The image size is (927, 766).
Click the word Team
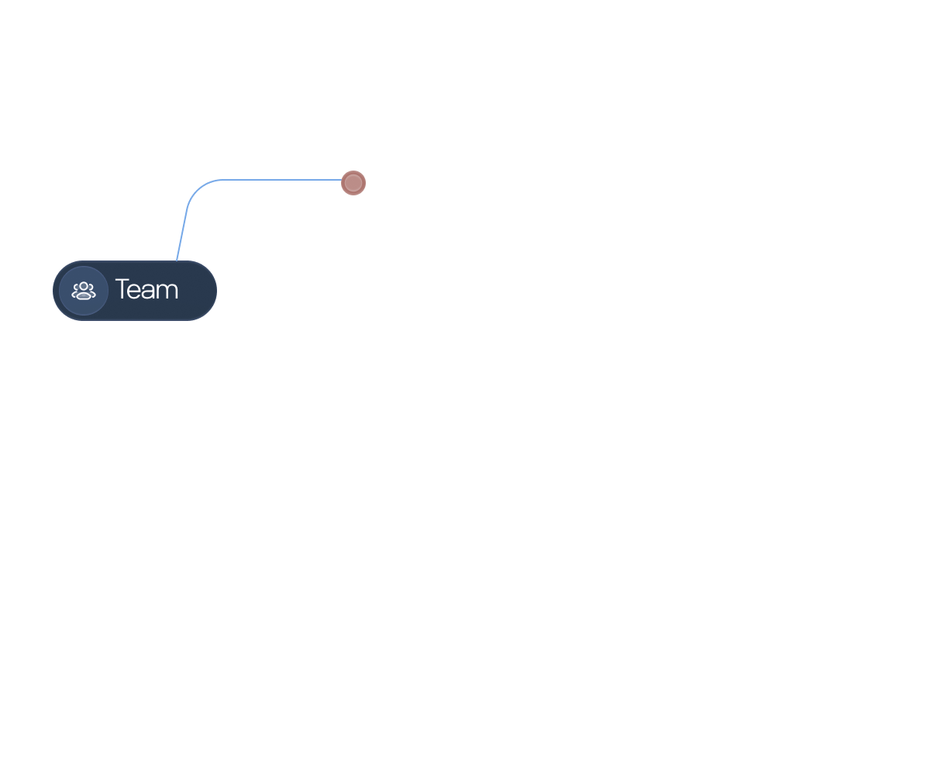click(146, 290)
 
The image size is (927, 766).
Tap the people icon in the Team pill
click(84, 291)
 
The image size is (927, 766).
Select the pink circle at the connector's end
click(353, 183)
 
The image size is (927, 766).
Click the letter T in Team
click(122, 290)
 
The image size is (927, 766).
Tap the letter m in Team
click(168, 292)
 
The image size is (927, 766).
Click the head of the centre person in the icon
click(84, 286)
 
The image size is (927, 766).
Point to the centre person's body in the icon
click(84, 295)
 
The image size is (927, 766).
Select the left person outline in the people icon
click(75, 292)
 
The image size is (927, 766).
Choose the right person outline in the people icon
click(92, 292)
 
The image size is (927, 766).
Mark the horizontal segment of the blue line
click(279, 180)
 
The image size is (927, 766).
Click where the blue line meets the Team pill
click(177, 261)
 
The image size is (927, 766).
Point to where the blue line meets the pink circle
click(343, 181)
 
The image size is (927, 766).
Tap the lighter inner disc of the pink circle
click(353, 183)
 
